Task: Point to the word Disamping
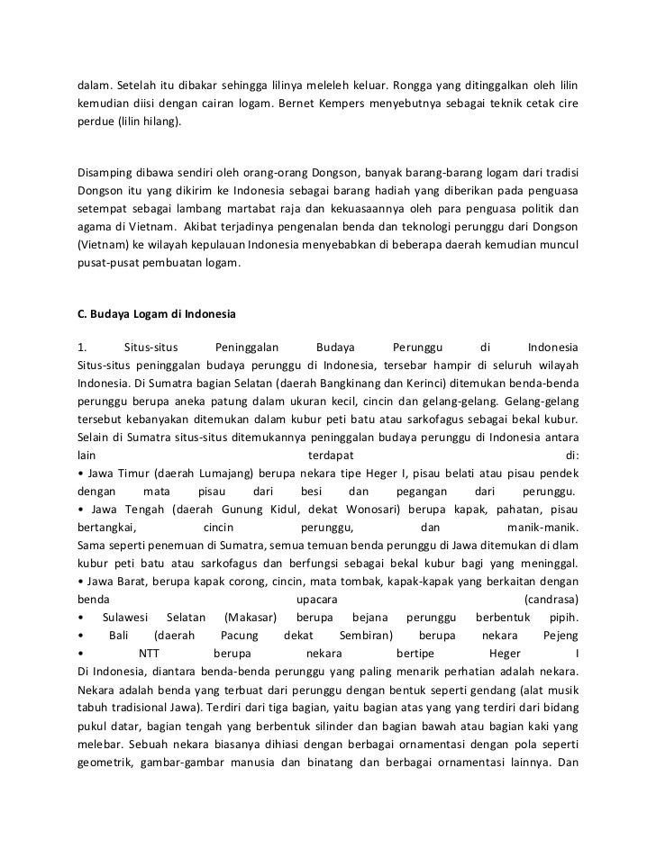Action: point(106,172)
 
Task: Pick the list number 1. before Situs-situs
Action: point(82,348)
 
